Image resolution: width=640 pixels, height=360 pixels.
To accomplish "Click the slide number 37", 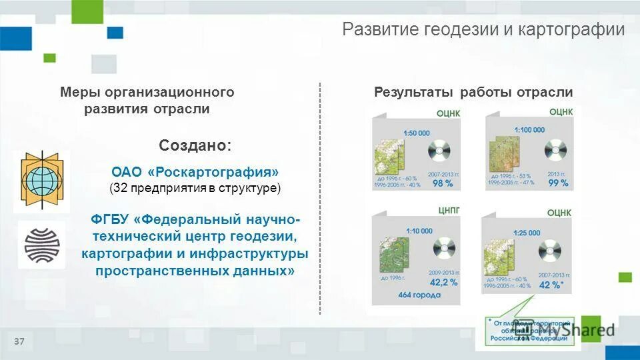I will click(19, 342).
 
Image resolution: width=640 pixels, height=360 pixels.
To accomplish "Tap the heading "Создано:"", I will click(195, 145).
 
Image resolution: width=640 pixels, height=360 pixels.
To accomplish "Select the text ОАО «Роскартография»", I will click(195, 172).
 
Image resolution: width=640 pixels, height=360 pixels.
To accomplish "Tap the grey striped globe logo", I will click(41, 245).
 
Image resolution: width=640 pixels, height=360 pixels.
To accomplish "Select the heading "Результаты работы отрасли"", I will click(473, 93).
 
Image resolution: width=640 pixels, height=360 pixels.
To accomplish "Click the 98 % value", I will click(443, 183).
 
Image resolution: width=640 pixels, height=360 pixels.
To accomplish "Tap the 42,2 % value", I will click(443, 282).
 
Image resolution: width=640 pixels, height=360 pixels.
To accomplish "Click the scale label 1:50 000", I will click(417, 133).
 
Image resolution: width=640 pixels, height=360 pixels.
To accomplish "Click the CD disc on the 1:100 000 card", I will click(555, 151).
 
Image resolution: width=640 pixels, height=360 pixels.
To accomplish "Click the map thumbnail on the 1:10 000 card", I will click(393, 254).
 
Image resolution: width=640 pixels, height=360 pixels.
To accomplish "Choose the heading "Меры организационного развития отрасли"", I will click(147, 101).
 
